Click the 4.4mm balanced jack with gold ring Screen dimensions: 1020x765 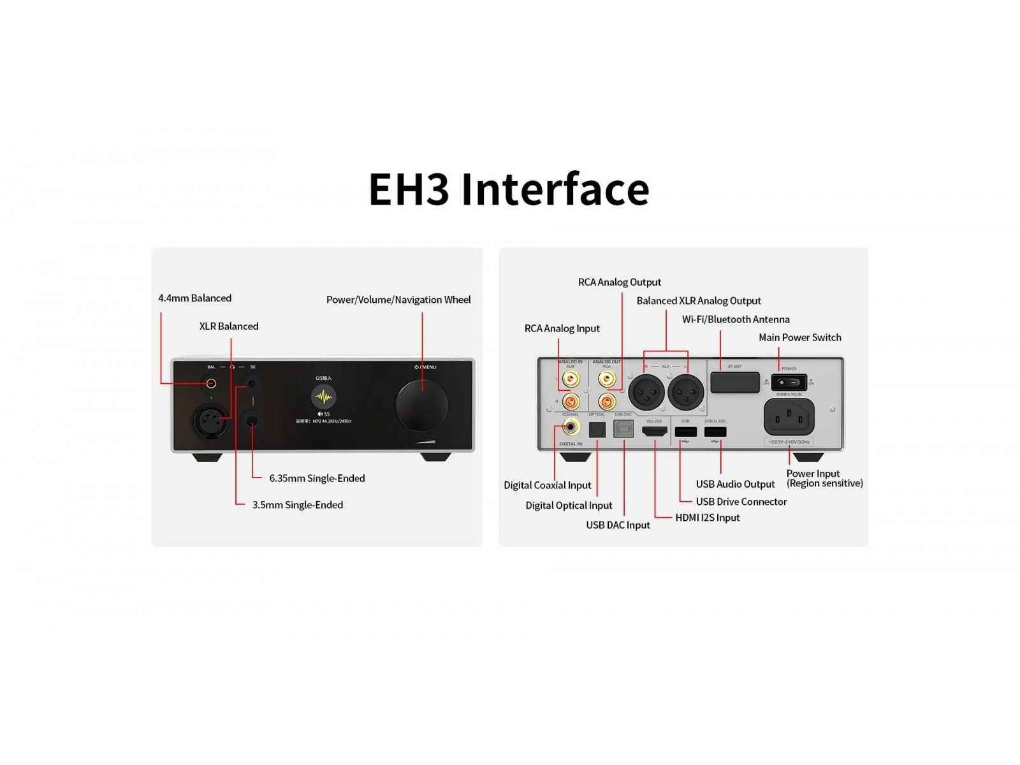point(211,383)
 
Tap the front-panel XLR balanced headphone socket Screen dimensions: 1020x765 point(211,421)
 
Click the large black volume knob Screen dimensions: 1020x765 point(421,405)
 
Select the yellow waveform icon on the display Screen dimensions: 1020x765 point(324,397)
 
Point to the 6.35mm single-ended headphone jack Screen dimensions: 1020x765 point(252,421)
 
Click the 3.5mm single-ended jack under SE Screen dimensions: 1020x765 point(252,383)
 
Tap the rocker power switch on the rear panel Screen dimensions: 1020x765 point(789,382)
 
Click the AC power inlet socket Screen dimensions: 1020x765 point(789,418)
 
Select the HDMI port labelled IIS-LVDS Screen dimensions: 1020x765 point(655,432)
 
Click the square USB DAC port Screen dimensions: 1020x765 point(623,429)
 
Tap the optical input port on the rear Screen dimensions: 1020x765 point(597,430)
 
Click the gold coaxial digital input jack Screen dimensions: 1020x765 point(571,427)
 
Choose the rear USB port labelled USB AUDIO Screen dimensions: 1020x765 point(715,432)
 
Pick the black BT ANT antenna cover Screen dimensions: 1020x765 point(735,382)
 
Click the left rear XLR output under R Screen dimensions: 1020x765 point(646,391)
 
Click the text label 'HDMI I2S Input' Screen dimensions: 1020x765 point(707,518)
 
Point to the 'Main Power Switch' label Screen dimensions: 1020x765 point(799,337)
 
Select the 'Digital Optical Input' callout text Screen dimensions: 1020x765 point(569,506)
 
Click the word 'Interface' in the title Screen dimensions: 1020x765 point(555,189)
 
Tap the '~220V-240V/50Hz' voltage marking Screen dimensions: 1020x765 point(789,442)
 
